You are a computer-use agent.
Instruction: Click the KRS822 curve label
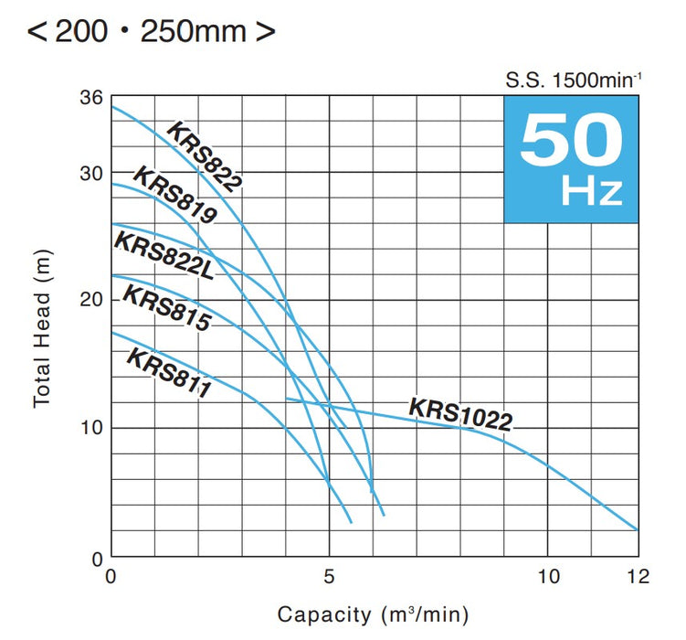[204, 156]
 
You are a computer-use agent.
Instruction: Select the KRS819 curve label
[174, 195]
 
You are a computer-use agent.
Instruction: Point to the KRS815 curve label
[166, 308]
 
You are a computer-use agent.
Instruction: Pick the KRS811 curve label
[168, 373]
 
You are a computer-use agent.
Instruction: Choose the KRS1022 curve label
[460, 413]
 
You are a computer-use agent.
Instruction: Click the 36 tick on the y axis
[91, 97]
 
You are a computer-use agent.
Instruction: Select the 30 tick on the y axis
[91, 174]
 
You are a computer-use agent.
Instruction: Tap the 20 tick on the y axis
[91, 301]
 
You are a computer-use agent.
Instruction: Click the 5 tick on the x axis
[330, 577]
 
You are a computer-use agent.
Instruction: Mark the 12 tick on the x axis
[637, 577]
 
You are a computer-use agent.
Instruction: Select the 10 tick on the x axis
[549, 577]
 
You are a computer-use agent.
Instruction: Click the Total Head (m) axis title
[41, 326]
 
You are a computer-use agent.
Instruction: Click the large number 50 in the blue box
[572, 140]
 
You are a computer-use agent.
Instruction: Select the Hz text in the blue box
[592, 193]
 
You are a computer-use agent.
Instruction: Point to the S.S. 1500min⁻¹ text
[575, 80]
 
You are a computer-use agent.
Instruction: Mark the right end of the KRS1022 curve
[637, 529]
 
